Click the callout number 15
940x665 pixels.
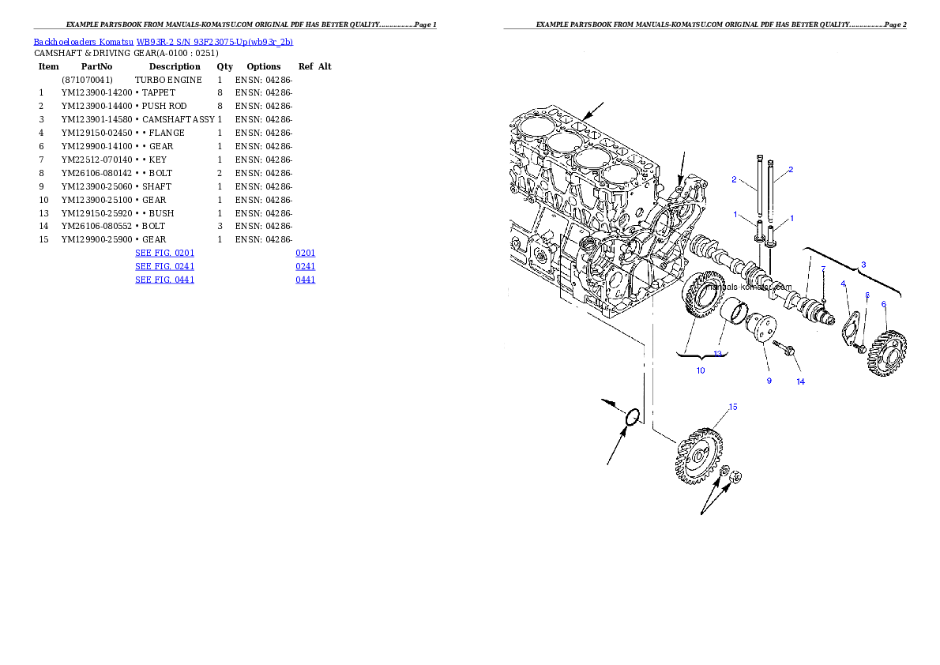pyautogui.click(x=733, y=408)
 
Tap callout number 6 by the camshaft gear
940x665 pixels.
pyautogui.click(x=883, y=304)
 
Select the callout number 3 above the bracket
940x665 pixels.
pyautogui.click(x=863, y=265)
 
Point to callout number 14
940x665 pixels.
pyautogui.click(x=800, y=381)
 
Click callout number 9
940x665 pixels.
pyautogui.click(x=768, y=381)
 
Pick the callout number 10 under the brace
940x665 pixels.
pyautogui.click(x=700, y=370)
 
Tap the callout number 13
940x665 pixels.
pyautogui.click(x=718, y=353)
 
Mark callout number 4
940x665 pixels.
pyautogui.click(x=843, y=284)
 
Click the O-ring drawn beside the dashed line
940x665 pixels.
pyautogui.click(x=632, y=417)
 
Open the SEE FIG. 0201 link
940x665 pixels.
pyautogui.click(x=164, y=254)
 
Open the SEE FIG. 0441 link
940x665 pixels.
pyautogui.click(x=164, y=280)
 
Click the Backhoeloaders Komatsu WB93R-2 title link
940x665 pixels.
pyautogui.click(x=163, y=42)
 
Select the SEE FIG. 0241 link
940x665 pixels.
pyautogui.click(x=164, y=267)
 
